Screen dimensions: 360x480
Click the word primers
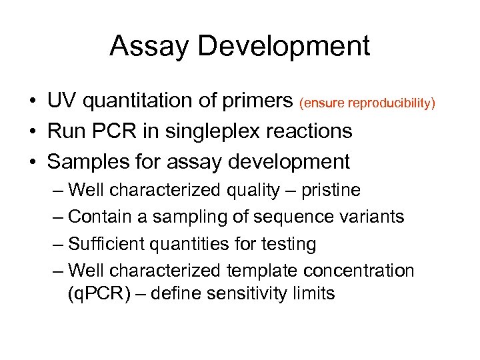tap(256, 102)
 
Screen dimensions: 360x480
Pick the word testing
tap(290, 245)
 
